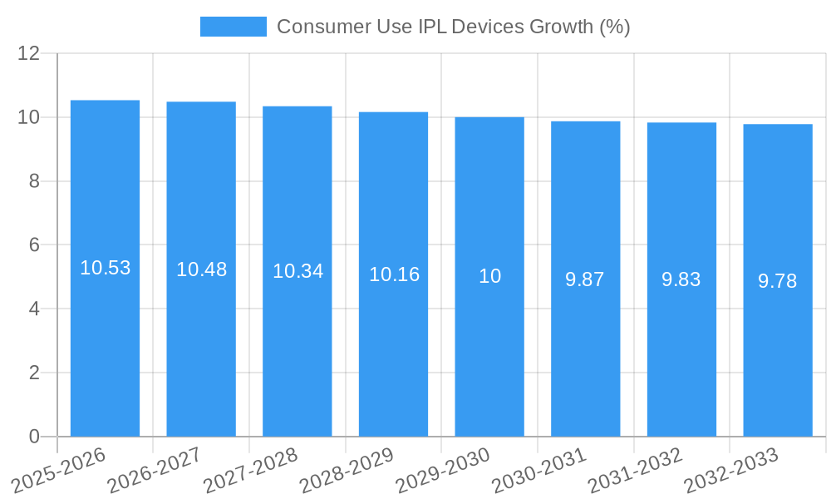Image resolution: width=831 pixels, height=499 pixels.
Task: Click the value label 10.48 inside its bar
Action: pyautogui.click(x=201, y=269)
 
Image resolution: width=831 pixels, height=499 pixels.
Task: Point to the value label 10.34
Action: pyautogui.click(x=297, y=271)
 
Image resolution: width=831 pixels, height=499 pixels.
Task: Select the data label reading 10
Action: pyautogui.click(x=489, y=276)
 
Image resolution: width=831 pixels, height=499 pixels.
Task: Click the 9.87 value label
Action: pyautogui.click(x=585, y=279)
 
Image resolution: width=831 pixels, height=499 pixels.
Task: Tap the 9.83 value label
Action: pyautogui.click(x=681, y=279)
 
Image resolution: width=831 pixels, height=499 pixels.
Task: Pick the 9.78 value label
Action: pyautogui.click(x=778, y=281)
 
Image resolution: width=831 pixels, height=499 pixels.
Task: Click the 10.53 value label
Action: pyautogui.click(x=105, y=268)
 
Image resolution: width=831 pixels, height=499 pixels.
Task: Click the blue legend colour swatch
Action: pyautogui.click(x=234, y=27)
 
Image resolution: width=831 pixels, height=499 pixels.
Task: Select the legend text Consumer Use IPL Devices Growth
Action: pyautogui.click(x=453, y=27)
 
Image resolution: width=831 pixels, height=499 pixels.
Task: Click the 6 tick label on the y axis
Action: pyautogui.click(x=34, y=245)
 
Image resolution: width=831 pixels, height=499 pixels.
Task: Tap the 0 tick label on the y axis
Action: pyautogui.click(x=34, y=437)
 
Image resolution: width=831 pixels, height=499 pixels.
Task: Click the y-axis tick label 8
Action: pyautogui.click(x=34, y=181)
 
